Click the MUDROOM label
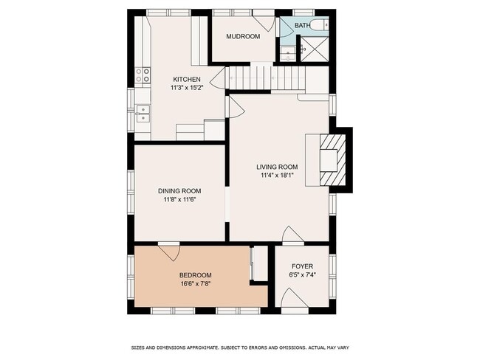pos(243,36)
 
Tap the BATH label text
pos(303,26)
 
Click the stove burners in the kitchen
pos(142,75)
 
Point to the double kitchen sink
pos(143,113)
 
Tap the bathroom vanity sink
pos(287,52)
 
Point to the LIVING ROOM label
pos(277,167)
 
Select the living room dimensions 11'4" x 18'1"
pos(277,176)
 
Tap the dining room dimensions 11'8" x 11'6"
pos(179,200)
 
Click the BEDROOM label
pos(195,275)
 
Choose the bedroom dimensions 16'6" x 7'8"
pos(195,284)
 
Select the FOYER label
pos(302,266)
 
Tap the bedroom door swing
pos(169,252)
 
